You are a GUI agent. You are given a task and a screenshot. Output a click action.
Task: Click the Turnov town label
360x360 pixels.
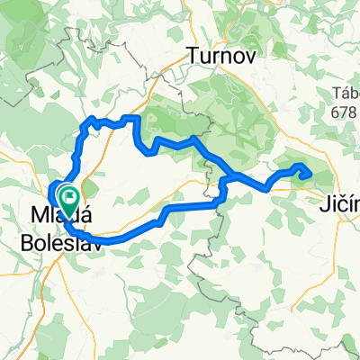pyautogui.click(x=220, y=57)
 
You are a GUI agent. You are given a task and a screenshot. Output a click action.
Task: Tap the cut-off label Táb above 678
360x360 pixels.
pyautogui.click(x=346, y=93)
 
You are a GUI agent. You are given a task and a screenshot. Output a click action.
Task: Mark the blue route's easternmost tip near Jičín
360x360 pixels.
pyautogui.click(x=310, y=172)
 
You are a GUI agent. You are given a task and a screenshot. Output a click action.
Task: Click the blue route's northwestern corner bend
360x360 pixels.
pyautogui.click(x=87, y=121)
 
